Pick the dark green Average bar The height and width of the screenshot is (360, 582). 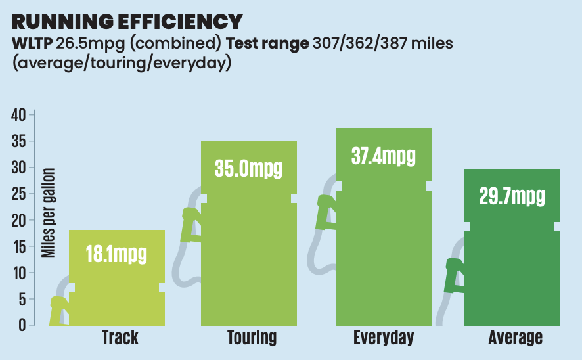point(512,263)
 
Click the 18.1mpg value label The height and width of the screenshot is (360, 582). point(116,254)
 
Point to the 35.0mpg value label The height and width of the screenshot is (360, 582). point(248,168)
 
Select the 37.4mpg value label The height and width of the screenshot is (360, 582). point(384,156)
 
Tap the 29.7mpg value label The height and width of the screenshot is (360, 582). point(512,196)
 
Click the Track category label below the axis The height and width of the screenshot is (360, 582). point(120,338)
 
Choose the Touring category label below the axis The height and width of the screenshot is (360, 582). point(252,338)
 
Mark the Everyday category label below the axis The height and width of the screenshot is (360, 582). point(384,338)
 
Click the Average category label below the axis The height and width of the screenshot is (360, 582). point(516,338)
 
